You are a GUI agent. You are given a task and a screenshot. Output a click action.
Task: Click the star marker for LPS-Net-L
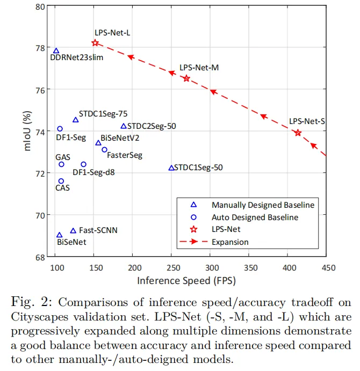(95, 43)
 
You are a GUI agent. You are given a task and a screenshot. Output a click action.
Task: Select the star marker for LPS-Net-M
(186, 78)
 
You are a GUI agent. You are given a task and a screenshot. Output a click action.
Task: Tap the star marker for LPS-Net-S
(298, 133)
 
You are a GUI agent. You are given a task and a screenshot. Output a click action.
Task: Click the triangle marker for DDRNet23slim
(56, 51)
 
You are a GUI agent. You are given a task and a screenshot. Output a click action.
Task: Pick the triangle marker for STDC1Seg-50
(171, 168)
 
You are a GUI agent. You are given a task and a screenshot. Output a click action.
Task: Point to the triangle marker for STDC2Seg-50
(124, 126)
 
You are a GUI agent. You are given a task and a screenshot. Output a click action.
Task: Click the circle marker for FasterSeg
(104, 150)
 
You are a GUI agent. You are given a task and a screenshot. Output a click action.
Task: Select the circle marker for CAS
(61, 181)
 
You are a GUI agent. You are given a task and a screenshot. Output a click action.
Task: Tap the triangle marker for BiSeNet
(59, 235)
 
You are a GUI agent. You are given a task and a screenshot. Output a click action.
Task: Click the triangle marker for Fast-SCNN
(73, 231)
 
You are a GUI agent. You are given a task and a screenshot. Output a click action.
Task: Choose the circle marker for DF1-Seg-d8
(83, 164)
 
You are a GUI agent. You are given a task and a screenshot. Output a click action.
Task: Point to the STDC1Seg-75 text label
(103, 114)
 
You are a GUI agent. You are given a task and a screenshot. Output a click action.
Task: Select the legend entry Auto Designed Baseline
(255, 217)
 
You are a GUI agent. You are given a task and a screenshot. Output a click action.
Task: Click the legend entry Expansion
(230, 242)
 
